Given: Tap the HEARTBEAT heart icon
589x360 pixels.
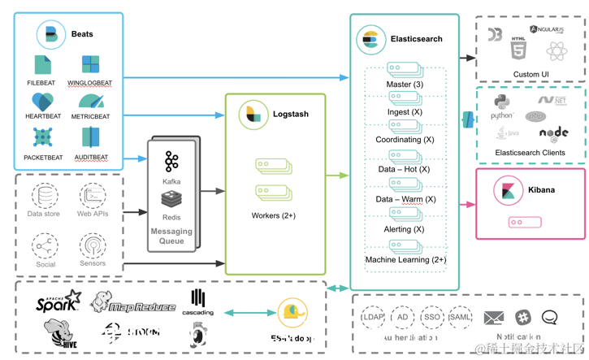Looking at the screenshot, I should tap(42, 102).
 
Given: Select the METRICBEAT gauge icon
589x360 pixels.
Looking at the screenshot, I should tap(91, 102).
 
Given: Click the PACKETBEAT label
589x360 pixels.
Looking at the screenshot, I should tap(42, 158).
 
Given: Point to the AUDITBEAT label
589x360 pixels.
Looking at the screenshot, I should tap(91, 158).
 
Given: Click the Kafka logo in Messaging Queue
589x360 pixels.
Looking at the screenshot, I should tap(171, 161).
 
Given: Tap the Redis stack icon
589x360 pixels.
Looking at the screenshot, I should tap(171, 199).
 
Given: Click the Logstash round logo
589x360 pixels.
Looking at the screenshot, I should tap(253, 115).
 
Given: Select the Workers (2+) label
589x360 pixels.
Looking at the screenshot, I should tap(274, 216).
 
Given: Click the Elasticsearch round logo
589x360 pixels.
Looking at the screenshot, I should tap(371, 39).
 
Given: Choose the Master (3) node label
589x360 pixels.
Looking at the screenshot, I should tap(405, 85).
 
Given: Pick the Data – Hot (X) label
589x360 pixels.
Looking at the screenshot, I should tap(405, 169).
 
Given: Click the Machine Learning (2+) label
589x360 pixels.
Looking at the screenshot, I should tap(405, 259).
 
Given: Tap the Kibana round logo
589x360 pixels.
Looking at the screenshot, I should tap(509, 191).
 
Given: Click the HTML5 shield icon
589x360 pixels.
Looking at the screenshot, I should tap(518, 49).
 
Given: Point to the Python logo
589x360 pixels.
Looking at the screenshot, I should tap(502, 102).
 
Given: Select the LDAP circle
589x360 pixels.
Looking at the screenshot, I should tap(374, 317).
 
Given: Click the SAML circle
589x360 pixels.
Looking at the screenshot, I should tap(461, 317).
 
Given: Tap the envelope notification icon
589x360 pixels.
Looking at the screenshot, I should tap(494, 318).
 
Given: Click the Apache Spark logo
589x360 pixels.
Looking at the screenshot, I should tap(58, 302).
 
